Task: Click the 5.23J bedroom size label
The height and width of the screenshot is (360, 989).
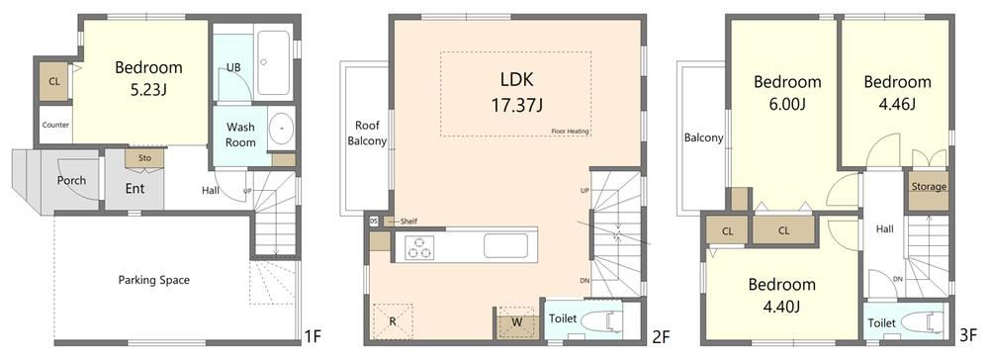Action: (x=148, y=90)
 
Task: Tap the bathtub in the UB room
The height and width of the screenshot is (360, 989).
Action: (x=274, y=62)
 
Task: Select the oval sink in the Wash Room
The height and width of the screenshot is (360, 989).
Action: (x=281, y=129)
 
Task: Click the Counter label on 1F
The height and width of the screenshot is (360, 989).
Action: (x=55, y=125)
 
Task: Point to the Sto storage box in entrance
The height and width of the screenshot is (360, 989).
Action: (x=145, y=158)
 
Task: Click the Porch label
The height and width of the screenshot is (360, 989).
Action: (x=71, y=180)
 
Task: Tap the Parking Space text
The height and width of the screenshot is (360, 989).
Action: (x=154, y=279)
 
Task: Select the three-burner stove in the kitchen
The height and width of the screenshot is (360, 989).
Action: (x=418, y=246)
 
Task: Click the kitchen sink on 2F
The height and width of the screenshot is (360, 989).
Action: (x=505, y=246)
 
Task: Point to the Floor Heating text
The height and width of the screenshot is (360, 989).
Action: (x=570, y=132)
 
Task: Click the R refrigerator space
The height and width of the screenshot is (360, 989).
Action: (x=393, y=321)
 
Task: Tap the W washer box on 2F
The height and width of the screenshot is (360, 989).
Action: (x=517, y=322)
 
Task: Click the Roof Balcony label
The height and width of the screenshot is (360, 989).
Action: (x=367, y=134)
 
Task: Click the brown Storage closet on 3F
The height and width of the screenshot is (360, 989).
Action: (x=929, y=191)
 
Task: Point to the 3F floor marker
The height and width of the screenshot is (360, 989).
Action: (x=968, y=335)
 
